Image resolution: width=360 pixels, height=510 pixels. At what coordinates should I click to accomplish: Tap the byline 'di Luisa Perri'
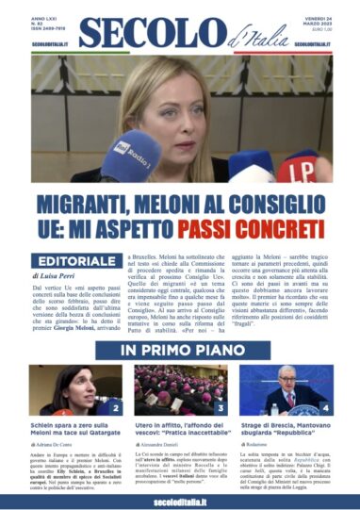58,278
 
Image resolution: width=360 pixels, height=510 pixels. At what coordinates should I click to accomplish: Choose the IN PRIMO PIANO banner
179,350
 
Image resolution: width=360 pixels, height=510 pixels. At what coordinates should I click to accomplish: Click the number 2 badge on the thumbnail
114,407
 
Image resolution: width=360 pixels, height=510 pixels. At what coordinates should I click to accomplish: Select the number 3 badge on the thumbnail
221,407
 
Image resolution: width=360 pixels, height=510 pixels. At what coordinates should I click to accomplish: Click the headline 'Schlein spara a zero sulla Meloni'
75,431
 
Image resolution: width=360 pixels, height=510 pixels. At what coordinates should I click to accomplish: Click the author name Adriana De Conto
56,454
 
